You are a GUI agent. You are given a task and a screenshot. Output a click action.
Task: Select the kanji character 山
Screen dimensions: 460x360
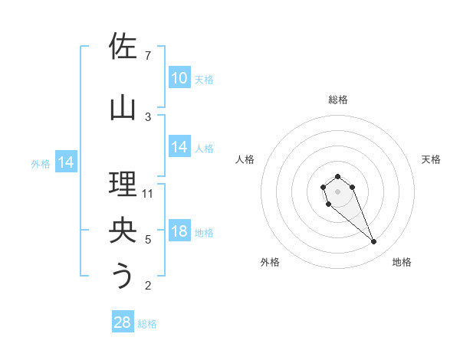[123, 107]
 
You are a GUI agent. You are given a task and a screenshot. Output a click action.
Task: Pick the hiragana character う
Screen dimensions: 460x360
[123, 276]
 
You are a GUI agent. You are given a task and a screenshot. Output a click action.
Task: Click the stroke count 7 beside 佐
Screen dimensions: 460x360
[148, 56]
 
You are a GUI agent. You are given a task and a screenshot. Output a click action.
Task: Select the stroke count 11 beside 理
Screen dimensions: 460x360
[148, 193]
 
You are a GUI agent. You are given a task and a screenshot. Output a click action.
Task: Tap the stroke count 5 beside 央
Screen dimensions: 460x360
[148, 240]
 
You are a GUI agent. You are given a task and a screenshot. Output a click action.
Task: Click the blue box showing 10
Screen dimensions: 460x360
[179, 78]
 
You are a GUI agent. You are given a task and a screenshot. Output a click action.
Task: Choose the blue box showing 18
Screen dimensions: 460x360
[179, 232]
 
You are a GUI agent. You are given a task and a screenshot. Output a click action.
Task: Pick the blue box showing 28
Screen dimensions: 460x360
[123, 322]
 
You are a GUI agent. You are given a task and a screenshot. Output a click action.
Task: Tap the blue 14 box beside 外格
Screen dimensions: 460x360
[66, 162]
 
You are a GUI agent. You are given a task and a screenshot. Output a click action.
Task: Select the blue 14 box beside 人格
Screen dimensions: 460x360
[179, 148]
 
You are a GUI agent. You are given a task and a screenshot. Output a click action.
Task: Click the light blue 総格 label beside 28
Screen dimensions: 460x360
[147, 324]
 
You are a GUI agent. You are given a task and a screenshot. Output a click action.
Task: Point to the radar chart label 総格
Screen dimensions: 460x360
[338, 100]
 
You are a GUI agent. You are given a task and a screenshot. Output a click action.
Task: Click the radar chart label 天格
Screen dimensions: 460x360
[431, 159]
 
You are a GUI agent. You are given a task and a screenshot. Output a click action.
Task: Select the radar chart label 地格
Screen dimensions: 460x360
[402, 262]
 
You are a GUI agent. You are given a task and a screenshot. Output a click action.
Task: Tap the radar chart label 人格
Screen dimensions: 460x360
[245, 159]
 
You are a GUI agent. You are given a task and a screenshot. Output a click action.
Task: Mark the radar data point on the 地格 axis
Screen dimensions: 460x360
[374, 242]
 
